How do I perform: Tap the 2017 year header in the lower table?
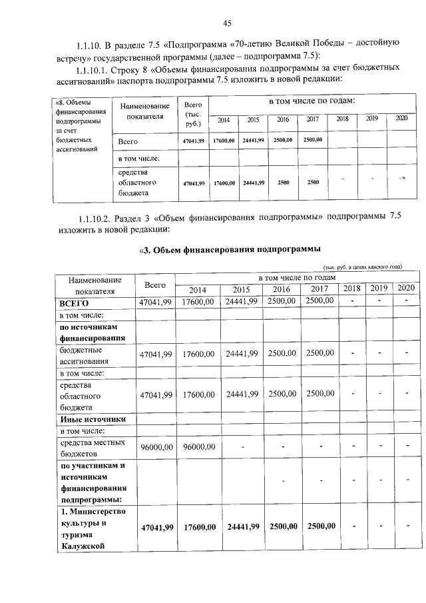click(x=319, y=289)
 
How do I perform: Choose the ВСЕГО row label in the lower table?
click(x=75, y=302)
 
